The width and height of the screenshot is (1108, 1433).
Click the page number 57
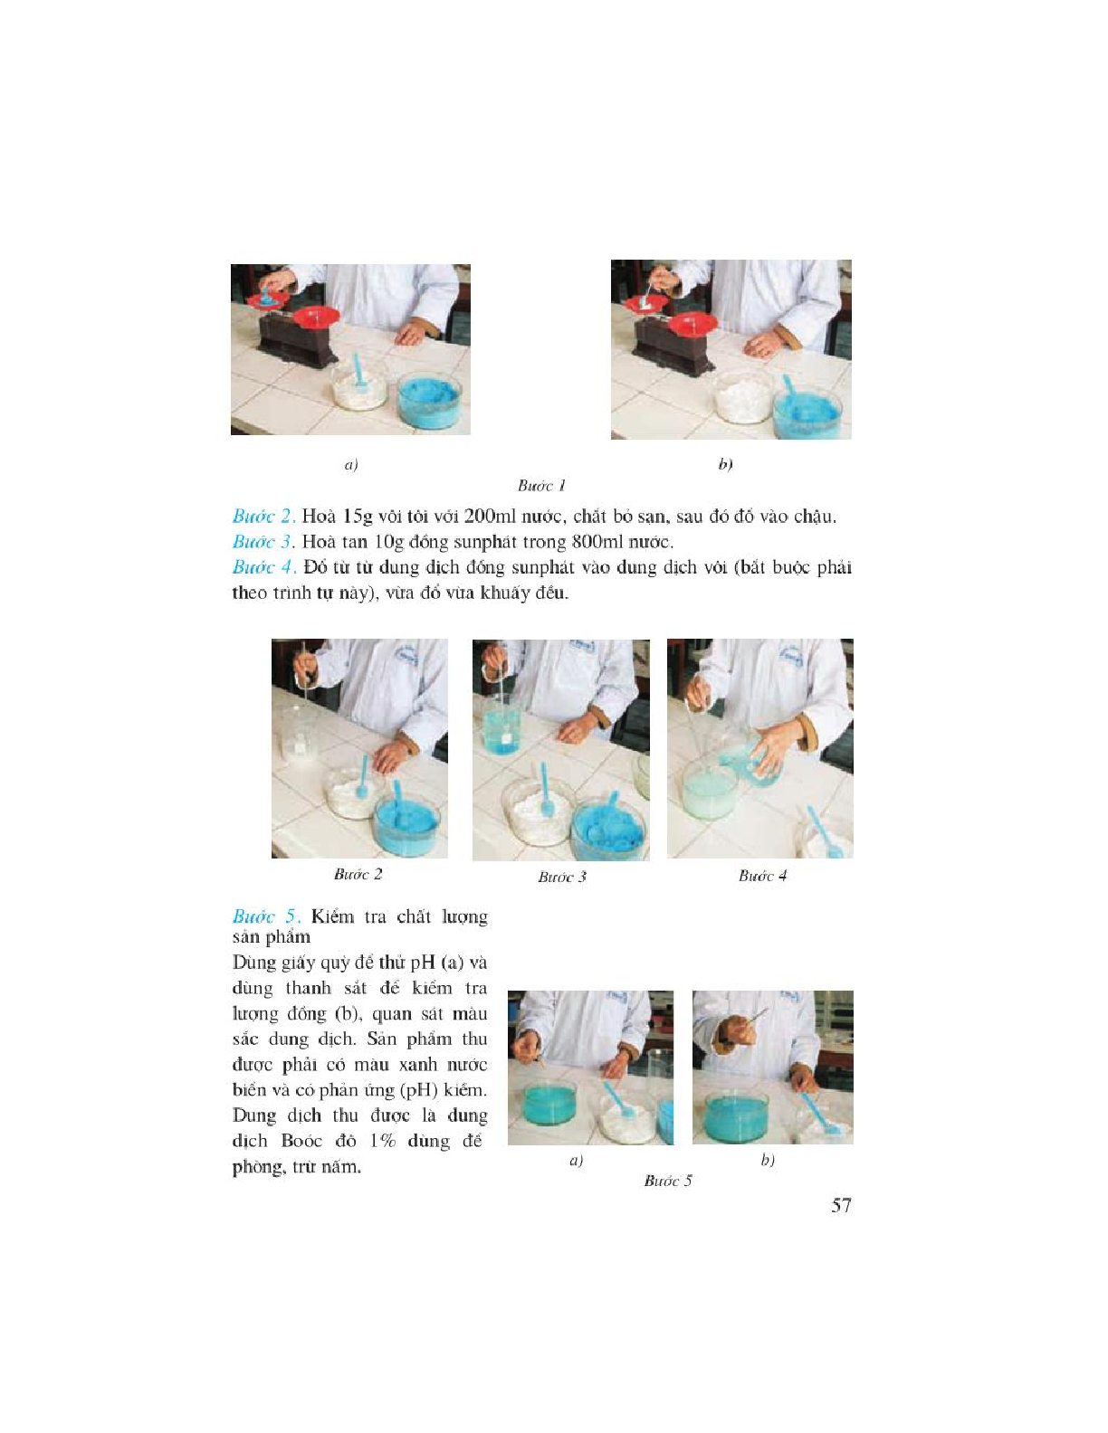(x=841, y=1206)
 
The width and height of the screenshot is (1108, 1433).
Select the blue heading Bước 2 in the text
(x=263, y=516)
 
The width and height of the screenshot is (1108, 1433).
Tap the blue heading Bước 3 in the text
(x=263, y=541)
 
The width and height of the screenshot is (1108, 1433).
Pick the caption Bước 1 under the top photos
(x=542, y=486)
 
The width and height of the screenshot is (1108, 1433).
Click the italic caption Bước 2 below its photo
(x=358, y=875)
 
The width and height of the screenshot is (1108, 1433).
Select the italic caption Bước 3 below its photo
(x=562, y=877)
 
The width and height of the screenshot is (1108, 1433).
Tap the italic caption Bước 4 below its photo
(x=763, y=876)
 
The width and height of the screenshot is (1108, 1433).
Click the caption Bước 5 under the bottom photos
(x=668, y=1181)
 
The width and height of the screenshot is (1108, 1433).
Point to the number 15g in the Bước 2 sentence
(x=358, y=517)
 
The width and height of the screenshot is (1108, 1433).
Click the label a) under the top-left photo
(x=351, y=465)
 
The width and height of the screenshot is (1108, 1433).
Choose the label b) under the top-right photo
(x=725, y=464)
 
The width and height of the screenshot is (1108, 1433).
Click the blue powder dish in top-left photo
(x=430, y=398)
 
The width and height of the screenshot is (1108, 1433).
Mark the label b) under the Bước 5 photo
(x=768, y=1160)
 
